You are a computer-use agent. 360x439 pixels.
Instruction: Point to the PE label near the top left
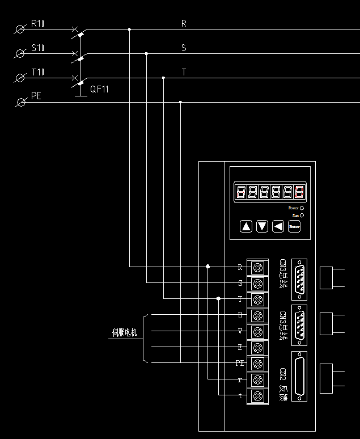[x=36, y=96]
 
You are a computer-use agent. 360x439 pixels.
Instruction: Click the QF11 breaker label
[x=100, y=89]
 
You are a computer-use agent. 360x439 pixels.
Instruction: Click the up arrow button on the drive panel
[x=246, y=227]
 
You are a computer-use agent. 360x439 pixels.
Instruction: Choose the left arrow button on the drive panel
[x=278, y=227]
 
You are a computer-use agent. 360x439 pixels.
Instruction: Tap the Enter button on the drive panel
[x=294, y=227]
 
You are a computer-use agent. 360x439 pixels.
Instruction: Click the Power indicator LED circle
[x=302, y=209]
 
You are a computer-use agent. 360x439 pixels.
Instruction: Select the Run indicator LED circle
[x=302, y=216]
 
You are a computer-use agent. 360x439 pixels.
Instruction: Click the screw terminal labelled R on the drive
[x=259, y=267]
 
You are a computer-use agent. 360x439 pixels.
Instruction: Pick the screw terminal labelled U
[x=259, y=315]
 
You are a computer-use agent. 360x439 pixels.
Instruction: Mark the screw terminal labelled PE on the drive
[x=259, y=363]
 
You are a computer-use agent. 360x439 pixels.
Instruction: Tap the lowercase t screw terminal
[x=259, y=395]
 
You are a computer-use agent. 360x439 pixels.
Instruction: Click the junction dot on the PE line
[x=180, y=102]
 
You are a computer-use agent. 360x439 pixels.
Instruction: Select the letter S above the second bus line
[x=184, y=48]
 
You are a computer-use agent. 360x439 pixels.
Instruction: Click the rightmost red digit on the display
[x=299, y=192]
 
